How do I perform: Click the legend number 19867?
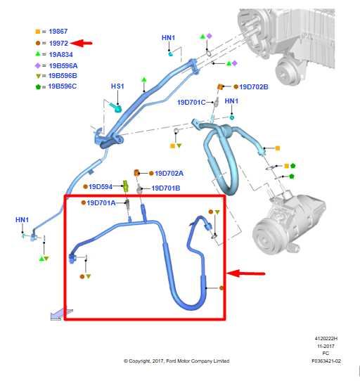click(x=58, y=32)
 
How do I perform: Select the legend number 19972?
click(x=58, y=43)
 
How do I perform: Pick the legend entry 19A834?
click(x=60, y=53)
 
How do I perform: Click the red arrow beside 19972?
click(x=82, y=43)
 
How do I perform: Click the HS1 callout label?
click(x=117, y=86)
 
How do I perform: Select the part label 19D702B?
click(x=254, y=87)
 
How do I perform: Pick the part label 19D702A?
click(x=169, y=173)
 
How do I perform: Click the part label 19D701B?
click(x=166, y=188)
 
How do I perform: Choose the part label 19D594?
click(x=100, y=187)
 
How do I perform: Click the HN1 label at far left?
click(x=22, y=220)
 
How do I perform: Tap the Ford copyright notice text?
click(x=176, y=361)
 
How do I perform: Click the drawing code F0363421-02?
click(x=326, y=361)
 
